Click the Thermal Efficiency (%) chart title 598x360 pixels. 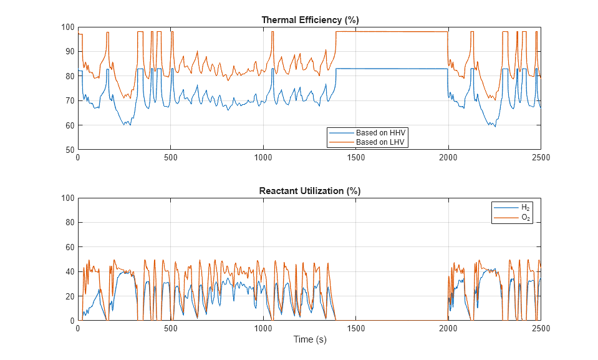tap(309, 20)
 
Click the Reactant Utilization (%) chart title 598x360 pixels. tap(309, 191)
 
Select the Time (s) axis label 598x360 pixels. tap(310, 340)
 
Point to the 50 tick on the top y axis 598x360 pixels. tap(69, 150)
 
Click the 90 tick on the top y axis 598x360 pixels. tap(69, 52)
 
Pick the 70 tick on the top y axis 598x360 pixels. tap(69, 101)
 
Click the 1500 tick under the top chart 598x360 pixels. tap(355, 158)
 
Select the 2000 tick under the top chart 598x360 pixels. tap(448, 158)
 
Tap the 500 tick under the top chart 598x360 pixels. tap(171, 158)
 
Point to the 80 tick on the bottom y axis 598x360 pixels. tap(69, 223)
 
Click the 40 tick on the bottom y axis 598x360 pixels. tap(69, 272)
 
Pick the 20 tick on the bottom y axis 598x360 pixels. tap(69, 296)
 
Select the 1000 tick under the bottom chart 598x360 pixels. tap(263, 329)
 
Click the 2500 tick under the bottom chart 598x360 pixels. tap(540, 329)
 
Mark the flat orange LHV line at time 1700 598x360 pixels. tap(393, 32)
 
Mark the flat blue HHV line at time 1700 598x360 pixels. tap(393, 69)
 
